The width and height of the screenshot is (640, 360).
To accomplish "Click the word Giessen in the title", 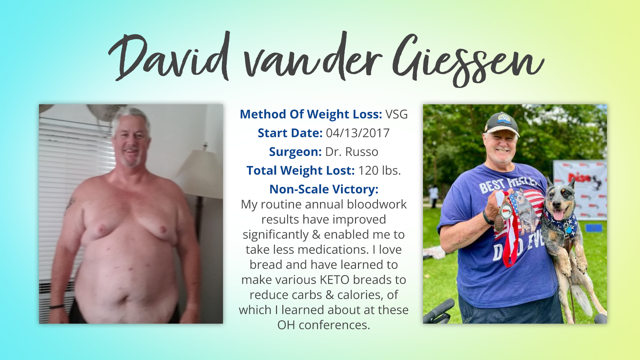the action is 468,60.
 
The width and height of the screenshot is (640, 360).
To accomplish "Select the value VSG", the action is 397,114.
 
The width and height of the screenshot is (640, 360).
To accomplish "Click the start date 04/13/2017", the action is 358,133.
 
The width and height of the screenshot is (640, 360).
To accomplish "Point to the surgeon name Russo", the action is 362,152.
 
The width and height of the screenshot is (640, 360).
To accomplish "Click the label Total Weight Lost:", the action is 301,171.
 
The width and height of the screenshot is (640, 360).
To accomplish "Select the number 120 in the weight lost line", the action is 369,171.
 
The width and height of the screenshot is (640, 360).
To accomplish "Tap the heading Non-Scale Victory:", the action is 324,189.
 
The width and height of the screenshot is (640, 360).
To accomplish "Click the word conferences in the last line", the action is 334,325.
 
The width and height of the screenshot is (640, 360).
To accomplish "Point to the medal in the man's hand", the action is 506,211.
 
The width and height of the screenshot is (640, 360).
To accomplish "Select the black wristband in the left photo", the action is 57,306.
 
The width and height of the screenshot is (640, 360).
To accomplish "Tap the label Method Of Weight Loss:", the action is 311,114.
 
